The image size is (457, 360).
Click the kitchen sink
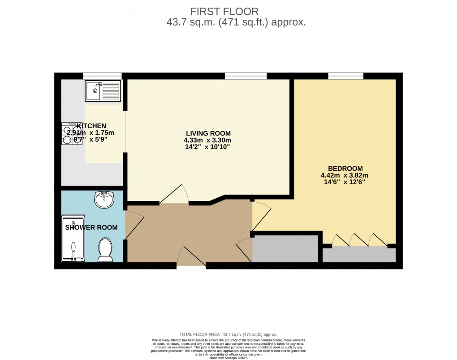click(103, 91)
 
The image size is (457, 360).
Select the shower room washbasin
click(104, 200)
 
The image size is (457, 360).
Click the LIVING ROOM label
click(208, 133)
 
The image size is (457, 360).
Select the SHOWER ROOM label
click(91, 227)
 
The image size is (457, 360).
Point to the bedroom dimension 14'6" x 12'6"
click(340, 182)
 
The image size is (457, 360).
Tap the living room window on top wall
click(246, 76)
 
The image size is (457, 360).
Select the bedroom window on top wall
click(345, 76)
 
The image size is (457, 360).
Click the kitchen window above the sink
click(102, 76)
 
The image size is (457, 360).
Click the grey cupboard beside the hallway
click(285, 249)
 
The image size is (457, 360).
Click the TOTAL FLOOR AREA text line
click(228, 334)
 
